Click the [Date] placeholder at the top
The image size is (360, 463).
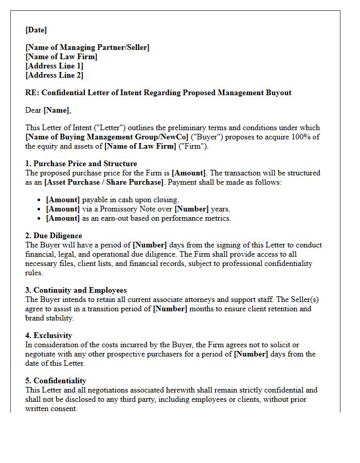[36, 30]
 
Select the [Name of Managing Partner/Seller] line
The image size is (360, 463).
[87, 47]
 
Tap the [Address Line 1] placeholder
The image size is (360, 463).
[54, 66]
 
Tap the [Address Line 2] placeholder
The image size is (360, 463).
[54, 75]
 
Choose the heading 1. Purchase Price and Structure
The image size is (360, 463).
[81, 164]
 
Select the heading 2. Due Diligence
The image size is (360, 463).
[53, 236]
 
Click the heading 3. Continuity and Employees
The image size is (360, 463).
[76, 290]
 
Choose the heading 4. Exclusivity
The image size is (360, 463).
[49, 335]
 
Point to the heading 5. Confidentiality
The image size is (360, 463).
[56, 381]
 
